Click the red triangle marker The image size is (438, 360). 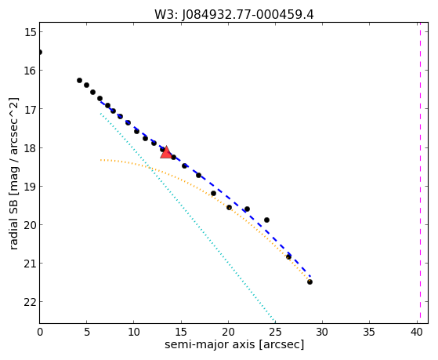166,152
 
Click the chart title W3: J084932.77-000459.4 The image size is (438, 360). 233,15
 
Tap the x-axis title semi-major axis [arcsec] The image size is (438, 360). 234,344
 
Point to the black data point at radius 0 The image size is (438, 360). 40,53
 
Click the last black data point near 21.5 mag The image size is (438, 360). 309,282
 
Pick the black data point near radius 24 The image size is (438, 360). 266,220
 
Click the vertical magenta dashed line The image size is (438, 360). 420,173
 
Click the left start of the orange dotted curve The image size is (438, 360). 100,160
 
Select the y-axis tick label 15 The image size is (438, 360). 30,32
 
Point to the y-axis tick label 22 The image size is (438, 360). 30,302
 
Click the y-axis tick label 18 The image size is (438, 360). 30,147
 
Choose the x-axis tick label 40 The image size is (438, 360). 417,333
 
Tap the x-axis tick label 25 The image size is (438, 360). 276,333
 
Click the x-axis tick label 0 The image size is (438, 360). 40,333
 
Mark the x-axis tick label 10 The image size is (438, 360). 134,333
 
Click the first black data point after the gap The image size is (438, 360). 79,81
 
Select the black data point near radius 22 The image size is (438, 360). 247,209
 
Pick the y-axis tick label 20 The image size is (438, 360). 30,225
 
